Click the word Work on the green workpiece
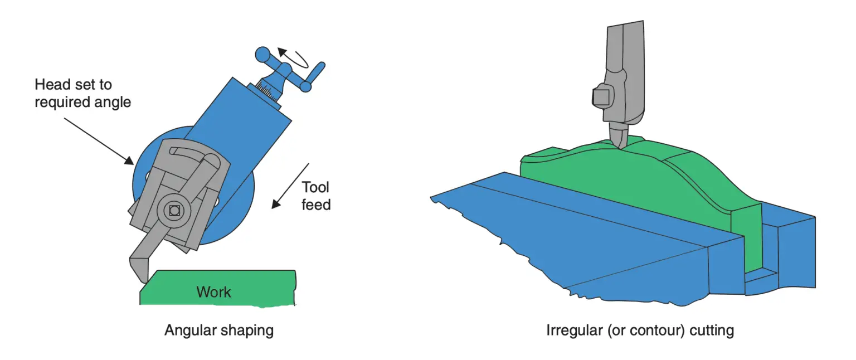(x=213, y=292)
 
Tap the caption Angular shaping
(x=219, y=330)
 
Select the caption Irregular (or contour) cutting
(x=640, y=330)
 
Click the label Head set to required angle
(x=82, y=94)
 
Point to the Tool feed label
(x=317, y=196)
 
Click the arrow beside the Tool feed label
(x=290, y=186)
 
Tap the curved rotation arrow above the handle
(x=294, y=56)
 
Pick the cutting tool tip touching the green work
(x=141, y=276)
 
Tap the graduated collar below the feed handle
(x=269, y=91)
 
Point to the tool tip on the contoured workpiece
(x=620, y=144)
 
